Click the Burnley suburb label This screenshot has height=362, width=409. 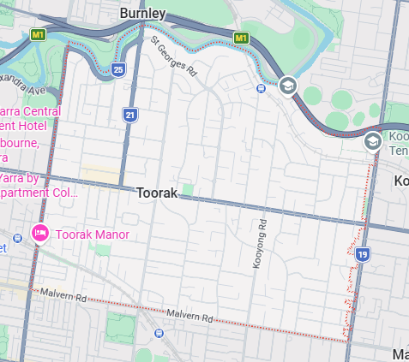pos(143,14)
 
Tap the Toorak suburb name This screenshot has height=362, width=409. pos(157,193)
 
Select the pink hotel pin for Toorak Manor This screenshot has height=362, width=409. pos(39,233)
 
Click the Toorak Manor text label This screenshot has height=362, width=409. pos(93,234)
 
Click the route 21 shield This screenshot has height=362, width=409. pos(129,115)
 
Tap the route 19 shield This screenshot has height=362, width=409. pos(364,254)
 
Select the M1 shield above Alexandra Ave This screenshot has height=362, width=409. pos(38,35)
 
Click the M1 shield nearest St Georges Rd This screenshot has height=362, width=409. pos(241,39)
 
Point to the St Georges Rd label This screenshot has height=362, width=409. pos(174,56)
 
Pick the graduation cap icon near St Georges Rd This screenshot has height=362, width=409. pos(287,85)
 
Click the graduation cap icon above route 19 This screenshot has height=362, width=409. pos(373,141)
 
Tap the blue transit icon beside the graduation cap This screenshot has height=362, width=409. pos(261,86)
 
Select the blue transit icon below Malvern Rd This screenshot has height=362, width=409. pos(158,333)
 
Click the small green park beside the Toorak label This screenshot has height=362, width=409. pos(189,187)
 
